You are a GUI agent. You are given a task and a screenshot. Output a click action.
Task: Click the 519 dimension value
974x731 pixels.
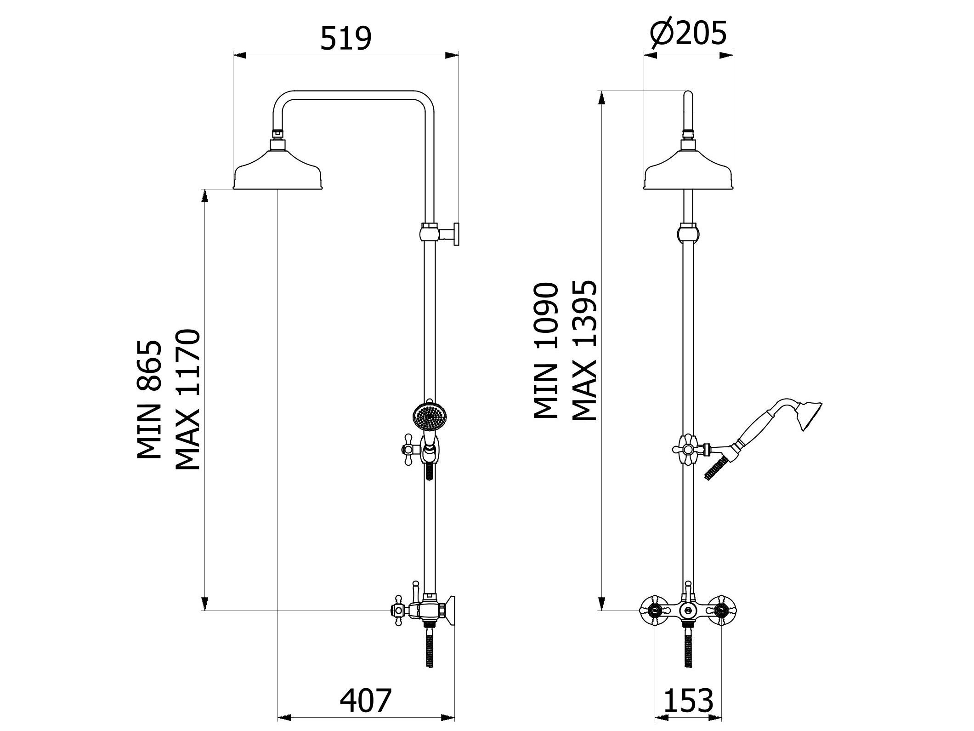click(x=345, y=38)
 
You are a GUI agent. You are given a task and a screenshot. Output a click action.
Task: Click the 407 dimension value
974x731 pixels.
click(x=366, y=700)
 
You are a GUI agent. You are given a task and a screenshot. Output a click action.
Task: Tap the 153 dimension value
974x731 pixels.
click(x=688, y=700)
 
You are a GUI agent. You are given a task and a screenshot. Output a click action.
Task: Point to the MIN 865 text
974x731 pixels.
click(x=150, y=400)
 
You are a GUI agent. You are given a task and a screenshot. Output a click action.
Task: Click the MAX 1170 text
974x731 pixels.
click(x=187, y=399)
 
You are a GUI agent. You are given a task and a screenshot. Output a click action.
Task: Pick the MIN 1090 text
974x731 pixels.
click(x=546, y=351)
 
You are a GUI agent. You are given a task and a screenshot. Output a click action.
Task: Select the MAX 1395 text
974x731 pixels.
click(x=584, y=351)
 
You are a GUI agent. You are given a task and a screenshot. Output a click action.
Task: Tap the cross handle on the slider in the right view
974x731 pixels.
click(x=688, y=449)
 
